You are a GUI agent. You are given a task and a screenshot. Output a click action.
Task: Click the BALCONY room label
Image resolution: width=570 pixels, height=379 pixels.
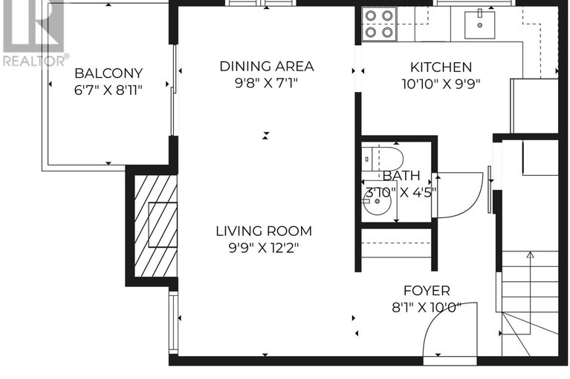tap(109, 73)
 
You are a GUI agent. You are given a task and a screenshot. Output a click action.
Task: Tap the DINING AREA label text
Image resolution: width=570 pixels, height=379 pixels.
tap(267, 66)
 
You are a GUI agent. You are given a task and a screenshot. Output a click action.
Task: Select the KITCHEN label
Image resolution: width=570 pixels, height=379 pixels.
tap(441, 67)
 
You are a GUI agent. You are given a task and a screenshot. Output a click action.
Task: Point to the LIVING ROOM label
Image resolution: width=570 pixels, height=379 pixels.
tap(264, 231)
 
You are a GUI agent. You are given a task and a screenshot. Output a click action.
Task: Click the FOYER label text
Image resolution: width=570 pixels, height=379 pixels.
tap(427, 291)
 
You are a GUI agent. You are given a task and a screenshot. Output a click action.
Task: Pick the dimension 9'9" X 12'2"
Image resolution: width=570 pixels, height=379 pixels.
tap(264, 248)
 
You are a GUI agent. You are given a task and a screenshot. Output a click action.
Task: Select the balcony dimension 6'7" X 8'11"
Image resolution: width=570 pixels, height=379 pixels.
tap(108, 90)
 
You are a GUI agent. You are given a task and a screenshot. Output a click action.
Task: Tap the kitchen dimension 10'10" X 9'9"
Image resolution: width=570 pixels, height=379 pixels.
tap(441, 84)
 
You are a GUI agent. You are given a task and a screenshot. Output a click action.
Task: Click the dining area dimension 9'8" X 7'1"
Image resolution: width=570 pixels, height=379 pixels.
tap(266, 83)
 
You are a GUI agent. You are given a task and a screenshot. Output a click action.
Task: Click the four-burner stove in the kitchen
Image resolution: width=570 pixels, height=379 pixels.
tap(379, 24)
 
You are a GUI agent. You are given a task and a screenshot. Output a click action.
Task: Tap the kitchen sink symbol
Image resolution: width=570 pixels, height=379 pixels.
tap(479, 24)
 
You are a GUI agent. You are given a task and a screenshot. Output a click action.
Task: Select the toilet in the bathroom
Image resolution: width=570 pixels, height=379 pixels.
tap(383, 159)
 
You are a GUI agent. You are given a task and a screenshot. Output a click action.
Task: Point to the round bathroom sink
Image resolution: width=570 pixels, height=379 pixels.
tap(377, 201)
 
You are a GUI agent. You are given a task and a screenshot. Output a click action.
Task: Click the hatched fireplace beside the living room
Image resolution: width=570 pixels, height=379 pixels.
tap(155, 225)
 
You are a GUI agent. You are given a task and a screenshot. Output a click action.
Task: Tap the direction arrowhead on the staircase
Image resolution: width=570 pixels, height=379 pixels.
tap(531, 255)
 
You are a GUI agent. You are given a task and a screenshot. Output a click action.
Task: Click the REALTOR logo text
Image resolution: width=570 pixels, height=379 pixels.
tap(36, 61)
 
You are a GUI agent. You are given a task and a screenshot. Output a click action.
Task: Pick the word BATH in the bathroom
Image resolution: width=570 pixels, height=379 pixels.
tap(401, 176)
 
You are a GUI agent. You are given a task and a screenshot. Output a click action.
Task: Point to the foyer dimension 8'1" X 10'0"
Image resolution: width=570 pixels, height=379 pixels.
tap(427, 308)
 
